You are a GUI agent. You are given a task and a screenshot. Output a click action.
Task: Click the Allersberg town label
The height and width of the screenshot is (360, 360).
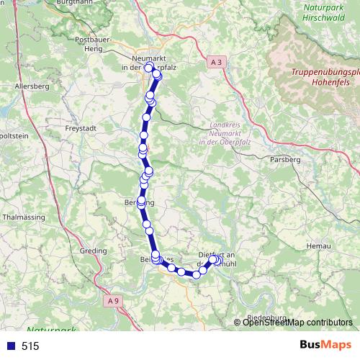[x=30, y=86]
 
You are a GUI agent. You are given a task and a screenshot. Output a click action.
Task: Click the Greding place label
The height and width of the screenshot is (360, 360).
[x=94, y=251]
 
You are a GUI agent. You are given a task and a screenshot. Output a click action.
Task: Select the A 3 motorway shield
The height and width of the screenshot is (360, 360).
[x=217, y=63]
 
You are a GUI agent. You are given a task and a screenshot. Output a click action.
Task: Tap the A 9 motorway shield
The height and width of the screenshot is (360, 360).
[x=111, y=300]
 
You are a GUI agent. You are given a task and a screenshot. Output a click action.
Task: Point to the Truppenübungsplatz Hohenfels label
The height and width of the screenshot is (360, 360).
[x=325, y=76]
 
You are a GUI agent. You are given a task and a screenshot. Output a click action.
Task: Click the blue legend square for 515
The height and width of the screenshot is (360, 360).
[x=9, y=346]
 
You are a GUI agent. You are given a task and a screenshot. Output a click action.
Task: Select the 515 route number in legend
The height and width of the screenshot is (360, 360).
[x=30, y=346]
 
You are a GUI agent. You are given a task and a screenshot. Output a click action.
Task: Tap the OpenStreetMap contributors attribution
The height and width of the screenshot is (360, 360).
[x=297, y=323]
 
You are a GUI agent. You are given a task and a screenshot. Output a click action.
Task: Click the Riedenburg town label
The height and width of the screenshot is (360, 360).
[x=266, y=318]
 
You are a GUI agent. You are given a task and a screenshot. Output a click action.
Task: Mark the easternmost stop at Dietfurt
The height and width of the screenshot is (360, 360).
[x=214, y=260]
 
